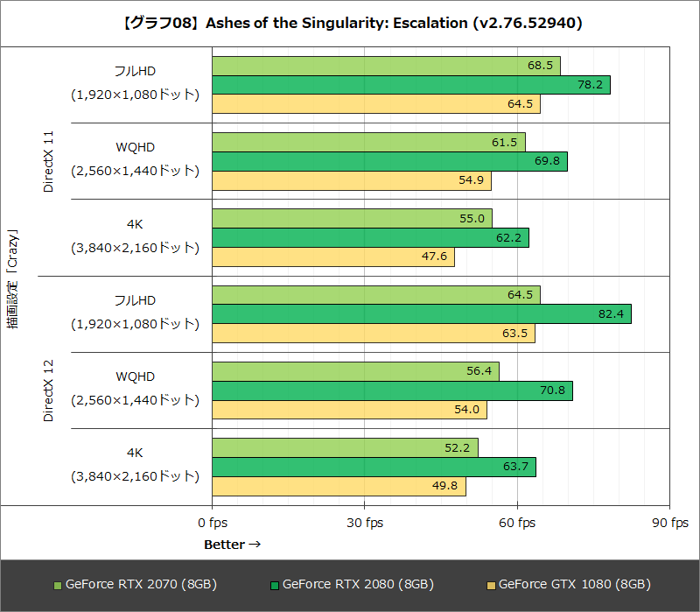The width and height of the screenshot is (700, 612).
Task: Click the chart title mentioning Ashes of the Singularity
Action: (x=350, y=23)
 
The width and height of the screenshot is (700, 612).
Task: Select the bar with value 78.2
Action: (x=410, y=85)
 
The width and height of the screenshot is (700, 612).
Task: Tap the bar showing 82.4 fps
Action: (x=421, y=314)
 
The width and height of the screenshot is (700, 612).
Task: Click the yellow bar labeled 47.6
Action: (x=332, y=257)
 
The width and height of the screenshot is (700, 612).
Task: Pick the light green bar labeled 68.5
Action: (x=385, y=66)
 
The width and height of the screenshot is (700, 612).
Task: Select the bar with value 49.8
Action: (x=339, y=486)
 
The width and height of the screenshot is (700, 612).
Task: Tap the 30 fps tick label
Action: (x=364, y=524)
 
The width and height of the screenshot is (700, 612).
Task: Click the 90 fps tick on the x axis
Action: (x=668, y=524)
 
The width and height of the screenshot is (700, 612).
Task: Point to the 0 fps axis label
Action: (x=212, y=524)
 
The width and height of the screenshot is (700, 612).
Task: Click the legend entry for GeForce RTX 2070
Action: (x=135, y=584)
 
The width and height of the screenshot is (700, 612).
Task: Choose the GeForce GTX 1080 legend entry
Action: (x=568, y=584)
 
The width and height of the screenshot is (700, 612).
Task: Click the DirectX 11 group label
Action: (x=49, y=162)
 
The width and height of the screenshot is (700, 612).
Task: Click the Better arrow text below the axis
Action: (x=233, y=545)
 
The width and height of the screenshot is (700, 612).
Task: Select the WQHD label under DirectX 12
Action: (x=135, y=376)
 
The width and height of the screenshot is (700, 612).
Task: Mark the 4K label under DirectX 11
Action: (x=135, y=223)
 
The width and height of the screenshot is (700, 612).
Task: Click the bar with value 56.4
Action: (x=355, y=371)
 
